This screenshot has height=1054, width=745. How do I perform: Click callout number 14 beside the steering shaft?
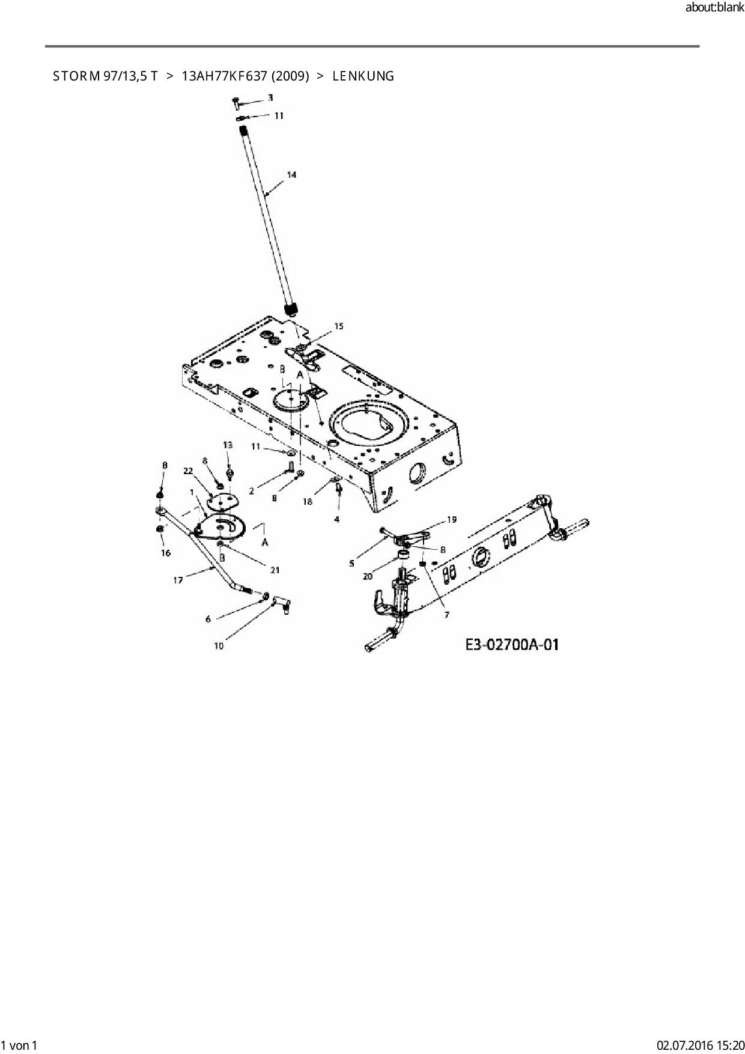291,175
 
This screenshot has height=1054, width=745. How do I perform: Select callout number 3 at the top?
270,97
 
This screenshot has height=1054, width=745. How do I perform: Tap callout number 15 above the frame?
339,326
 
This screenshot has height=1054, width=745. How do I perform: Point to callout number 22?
188,471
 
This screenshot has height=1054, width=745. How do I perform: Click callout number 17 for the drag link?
178,580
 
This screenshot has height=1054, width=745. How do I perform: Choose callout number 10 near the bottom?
219,646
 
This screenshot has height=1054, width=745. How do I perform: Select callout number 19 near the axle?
451,519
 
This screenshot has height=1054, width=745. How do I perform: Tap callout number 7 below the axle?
446,615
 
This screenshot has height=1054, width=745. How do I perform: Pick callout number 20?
368,576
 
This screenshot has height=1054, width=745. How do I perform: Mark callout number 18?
308,502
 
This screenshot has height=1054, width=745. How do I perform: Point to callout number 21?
275,570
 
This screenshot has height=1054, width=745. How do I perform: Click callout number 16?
166,553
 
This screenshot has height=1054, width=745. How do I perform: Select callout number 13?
228,445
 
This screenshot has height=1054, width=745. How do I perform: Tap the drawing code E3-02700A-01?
512,645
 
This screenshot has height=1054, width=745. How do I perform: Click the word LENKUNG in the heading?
363,76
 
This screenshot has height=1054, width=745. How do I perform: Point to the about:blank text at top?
714,8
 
